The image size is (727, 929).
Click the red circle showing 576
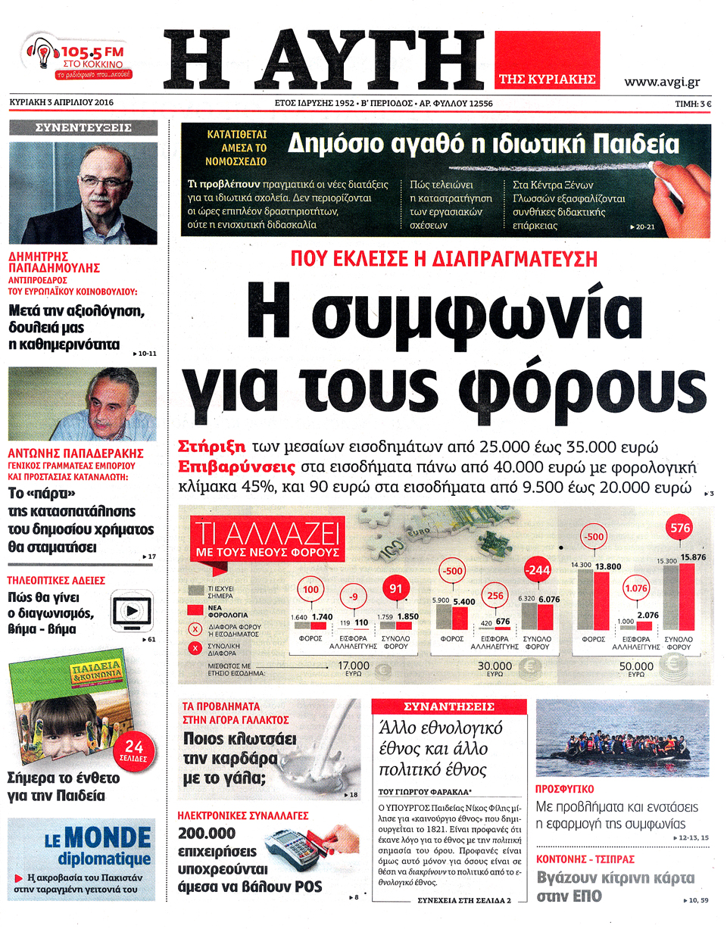pyautogui.click(x=681, y=528)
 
